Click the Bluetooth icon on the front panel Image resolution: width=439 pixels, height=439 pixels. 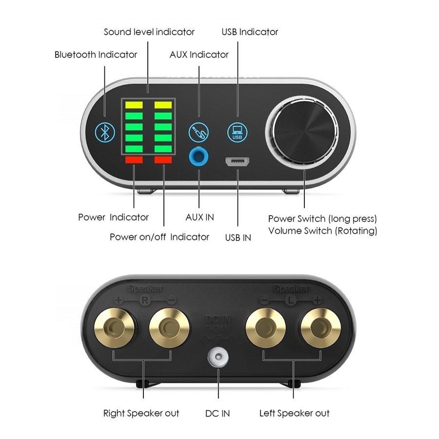[x=104, y=131]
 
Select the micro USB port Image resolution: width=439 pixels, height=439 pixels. [x=238, y=161]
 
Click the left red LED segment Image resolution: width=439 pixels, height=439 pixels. [x=134, y=160]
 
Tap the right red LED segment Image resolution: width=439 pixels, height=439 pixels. [x=163, y=160]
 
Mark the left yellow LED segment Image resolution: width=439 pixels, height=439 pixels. [x=134, y=104]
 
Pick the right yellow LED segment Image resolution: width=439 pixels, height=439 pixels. [x=163, y=104]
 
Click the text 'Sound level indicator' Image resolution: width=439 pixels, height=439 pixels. [x=149, y=32]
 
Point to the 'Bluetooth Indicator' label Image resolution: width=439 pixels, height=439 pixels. [x=96, y=55]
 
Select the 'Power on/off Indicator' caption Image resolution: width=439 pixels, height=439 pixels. [x=159, y=237]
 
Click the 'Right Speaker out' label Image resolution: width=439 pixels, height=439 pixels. [x=141, y=414]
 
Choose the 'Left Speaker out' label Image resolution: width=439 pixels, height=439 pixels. [x=294, y=414]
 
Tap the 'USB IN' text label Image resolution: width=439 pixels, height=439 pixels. [x=238, y=238]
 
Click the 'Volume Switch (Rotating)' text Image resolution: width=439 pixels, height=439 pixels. [x=322, y=231]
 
